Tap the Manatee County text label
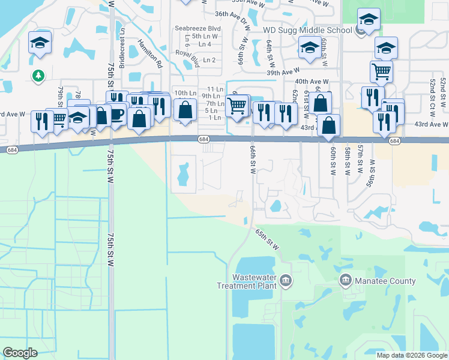pyautogui.click(x=385, y=281)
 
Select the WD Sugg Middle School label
pyautogui.click(x=307, y=30)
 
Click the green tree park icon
pyautogui.click(x=38, y=75)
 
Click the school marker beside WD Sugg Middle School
pyautogui.click(x=368, y=20)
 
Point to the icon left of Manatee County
pyautogui.click(x=345, y=280)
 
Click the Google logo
pyautogui.click(x=20, y=352)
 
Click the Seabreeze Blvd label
pyautogui.click(x=198, y=28)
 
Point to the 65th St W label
pyautogui.click(x=268, y=238)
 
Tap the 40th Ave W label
pyautogui.click(x=312, y=82)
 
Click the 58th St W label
pyautogui.click(x=348, y=159)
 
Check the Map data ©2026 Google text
pyautogui.click(x=412, y=355)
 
